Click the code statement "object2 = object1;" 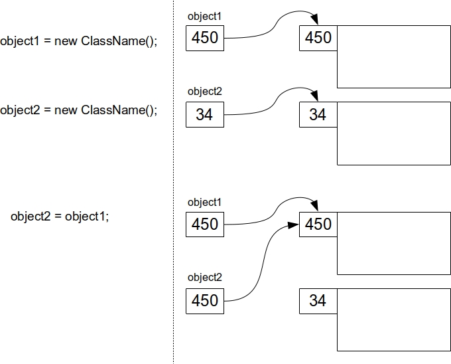tap(60, 217)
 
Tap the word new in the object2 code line tap(66, 110)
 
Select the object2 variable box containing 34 tap(204, 115)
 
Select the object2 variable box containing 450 tap(204, 300)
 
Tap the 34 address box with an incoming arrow tap(318, 115)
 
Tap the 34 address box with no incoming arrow tap(318, 300)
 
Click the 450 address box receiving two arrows tap(318, 225)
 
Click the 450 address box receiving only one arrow tap(318, 38)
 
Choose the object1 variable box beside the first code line tap(204, 38)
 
